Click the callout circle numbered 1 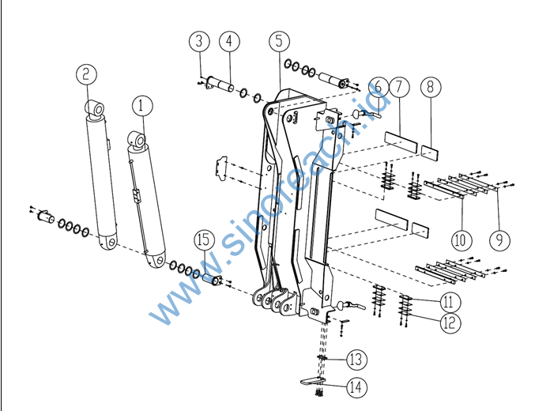[x=142, y=105]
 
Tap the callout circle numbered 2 [x=86, y=74]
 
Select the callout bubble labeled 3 [x=199, y=41]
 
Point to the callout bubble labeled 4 [x=229, y=41]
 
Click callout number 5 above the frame [x=280, y=41]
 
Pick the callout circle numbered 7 [x=399, y=87]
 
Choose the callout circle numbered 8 [x=431, y=87]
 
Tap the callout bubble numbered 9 [x=500, y=240]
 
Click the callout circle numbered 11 [x=450, y=302]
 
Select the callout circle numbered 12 [x=450, y=322]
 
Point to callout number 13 [x=356, y=359]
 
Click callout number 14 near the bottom [x=356, y=387]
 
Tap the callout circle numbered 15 [x=205, y=240]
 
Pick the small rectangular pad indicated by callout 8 [x=430, y=153]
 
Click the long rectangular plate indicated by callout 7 [x=401, y=142]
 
